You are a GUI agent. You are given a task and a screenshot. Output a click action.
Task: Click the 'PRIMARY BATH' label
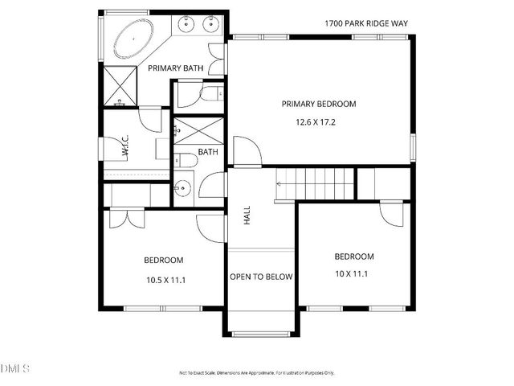pos(175,68)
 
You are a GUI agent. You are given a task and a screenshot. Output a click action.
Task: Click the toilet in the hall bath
pos(186,161)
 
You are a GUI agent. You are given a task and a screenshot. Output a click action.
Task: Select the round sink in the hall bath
pos(184,190)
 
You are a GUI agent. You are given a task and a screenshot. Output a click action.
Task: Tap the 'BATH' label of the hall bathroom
pos(208,152)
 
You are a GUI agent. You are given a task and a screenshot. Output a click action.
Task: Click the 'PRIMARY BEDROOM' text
pos(318,104)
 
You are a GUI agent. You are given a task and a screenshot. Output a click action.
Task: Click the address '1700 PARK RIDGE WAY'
pos(366,23)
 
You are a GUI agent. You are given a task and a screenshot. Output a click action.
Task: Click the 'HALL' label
pos(247,215)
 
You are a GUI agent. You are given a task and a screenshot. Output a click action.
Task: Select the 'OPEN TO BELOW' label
pos(261,277)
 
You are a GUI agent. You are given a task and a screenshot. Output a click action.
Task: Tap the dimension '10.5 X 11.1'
pos(164,280)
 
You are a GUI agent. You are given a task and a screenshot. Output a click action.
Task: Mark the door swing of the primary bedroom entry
pos(245,152)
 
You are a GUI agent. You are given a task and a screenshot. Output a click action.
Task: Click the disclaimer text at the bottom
pos(257,373)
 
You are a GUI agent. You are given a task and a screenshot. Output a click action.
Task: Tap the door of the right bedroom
pos(393,213)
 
